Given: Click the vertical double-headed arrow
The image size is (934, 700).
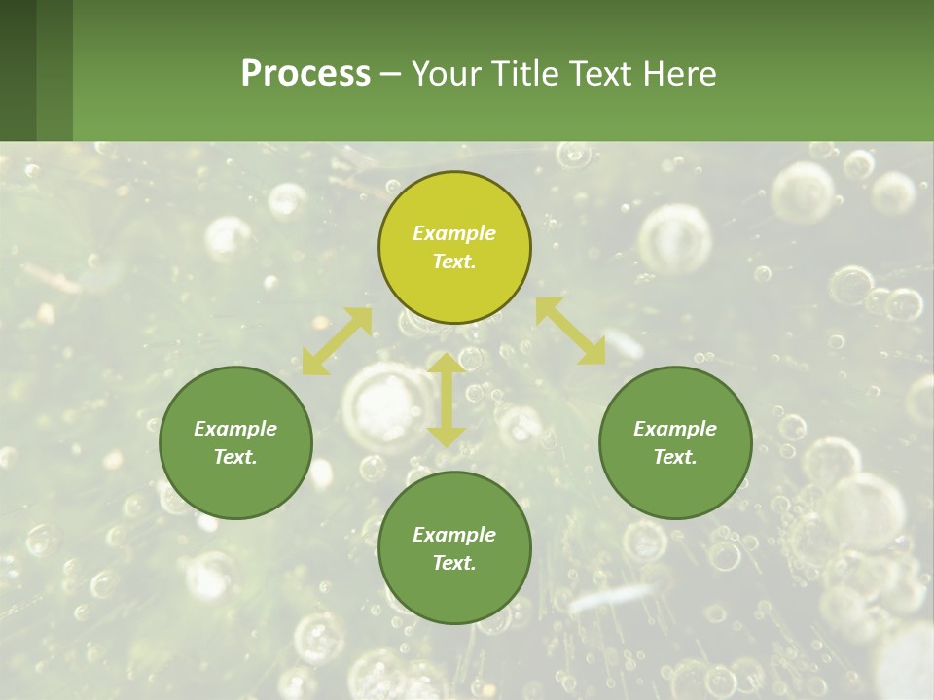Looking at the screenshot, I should [447, 400].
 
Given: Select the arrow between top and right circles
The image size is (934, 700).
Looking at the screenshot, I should [571, 331].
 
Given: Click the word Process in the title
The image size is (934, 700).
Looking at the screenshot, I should [305, 74].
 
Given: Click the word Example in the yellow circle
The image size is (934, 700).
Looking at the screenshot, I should [454, 233].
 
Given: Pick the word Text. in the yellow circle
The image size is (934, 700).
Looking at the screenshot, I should [454, 262].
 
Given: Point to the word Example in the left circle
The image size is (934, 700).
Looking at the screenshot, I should [235, 429].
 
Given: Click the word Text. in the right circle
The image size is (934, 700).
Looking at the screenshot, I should [675, 457].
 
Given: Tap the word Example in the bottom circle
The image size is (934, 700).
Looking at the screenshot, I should [454, 535].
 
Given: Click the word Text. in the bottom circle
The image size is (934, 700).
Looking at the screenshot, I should [454, 563].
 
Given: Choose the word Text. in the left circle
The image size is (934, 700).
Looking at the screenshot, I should [235, 457].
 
